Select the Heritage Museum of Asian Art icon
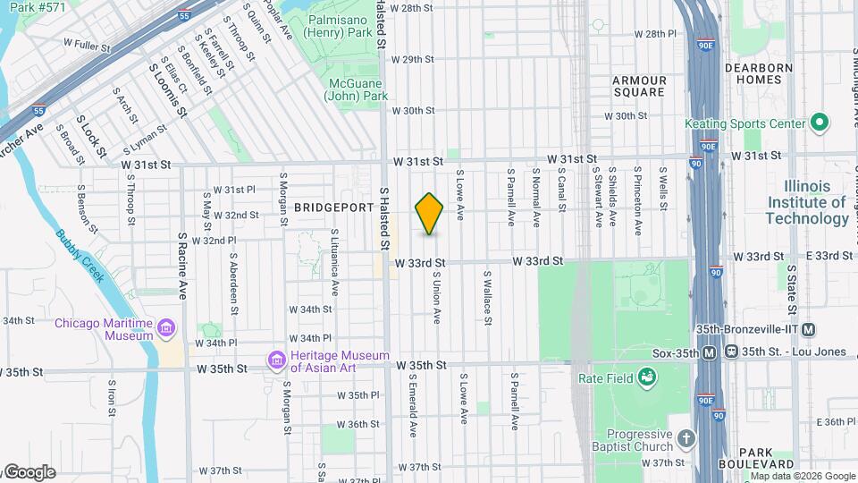tap(277, 360)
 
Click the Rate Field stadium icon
tap(644, 377)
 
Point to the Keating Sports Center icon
tap(819, 123)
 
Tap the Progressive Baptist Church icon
tap(686, 438)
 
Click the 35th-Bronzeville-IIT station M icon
tap(809, 330)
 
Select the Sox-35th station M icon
tap(709, 352)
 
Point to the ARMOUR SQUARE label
tap(639, 86)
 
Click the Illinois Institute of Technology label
tap(807, 202)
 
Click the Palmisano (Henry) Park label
tap(342, 26)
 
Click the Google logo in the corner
tap(29, 472)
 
